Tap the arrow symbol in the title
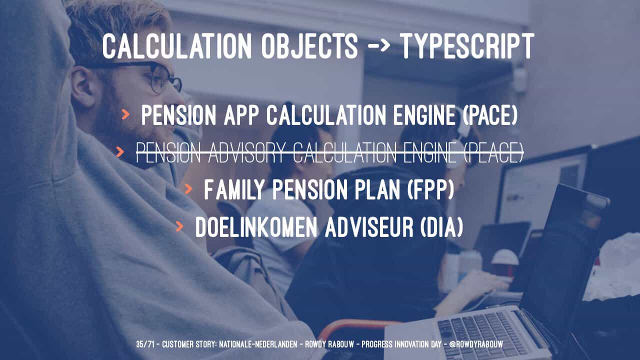click(379, 45)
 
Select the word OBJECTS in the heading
click(309, 46)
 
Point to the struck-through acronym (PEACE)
click(493, 152)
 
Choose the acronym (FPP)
click(430, 189)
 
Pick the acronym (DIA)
click(441, 227)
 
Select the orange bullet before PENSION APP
click(125, 114)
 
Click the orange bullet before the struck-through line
click(120, 151)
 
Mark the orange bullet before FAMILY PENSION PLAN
click(188, 189)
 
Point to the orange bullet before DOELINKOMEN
click(179, 226)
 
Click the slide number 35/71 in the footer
click(145, 344)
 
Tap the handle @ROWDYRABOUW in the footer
click(476, 344)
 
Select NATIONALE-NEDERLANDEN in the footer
click(258, 344)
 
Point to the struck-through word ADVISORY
click(247, 152)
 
